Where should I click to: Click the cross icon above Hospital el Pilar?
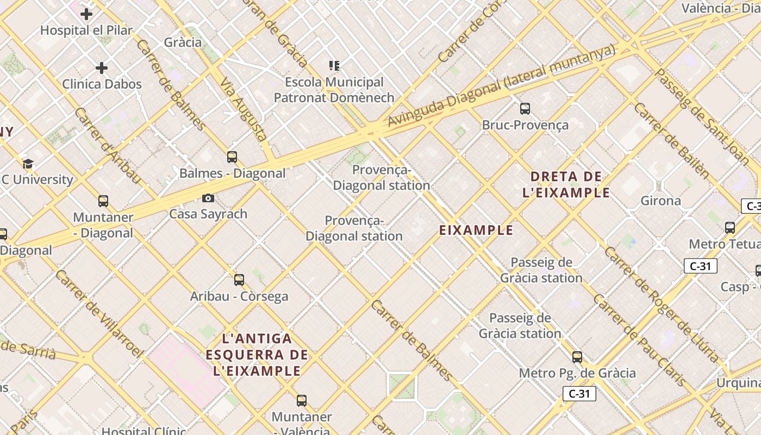pyautogui.click(x=86, y=14)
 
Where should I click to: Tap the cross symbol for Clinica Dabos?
pyautogui.click(x=102, y=68)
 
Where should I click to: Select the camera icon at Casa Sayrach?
pyautogui.click(x=208, y=198)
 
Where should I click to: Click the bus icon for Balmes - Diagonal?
pyautogui.click(x=232, y=157)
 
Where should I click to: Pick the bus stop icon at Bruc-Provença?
pyautogui.click(x=525, y=109)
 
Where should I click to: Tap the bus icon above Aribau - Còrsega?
pyautogui.click(x=239, y=280)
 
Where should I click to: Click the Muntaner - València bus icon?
pyautogui.click(x=302, y=401)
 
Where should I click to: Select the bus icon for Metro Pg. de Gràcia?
pyautogui.click(x=577, y=357)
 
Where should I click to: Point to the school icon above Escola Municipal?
pyautogui.click(x=334, y=66)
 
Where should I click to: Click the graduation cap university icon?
pyautogui.click(x=28, y=164)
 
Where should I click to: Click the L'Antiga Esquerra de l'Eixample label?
pyautogui.click(x=257, y=355)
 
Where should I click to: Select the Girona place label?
pyautogui.click(x=660, y=201)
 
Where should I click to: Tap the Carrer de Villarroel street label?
pyautogui.click(x=98, y=313)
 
